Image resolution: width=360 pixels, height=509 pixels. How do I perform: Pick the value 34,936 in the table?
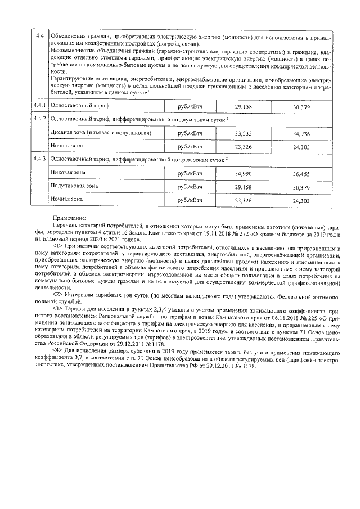pos(301,133)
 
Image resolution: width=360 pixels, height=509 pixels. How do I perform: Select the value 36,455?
pos(301,174)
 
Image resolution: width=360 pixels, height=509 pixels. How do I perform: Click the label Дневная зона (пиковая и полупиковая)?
pos(93,133)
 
